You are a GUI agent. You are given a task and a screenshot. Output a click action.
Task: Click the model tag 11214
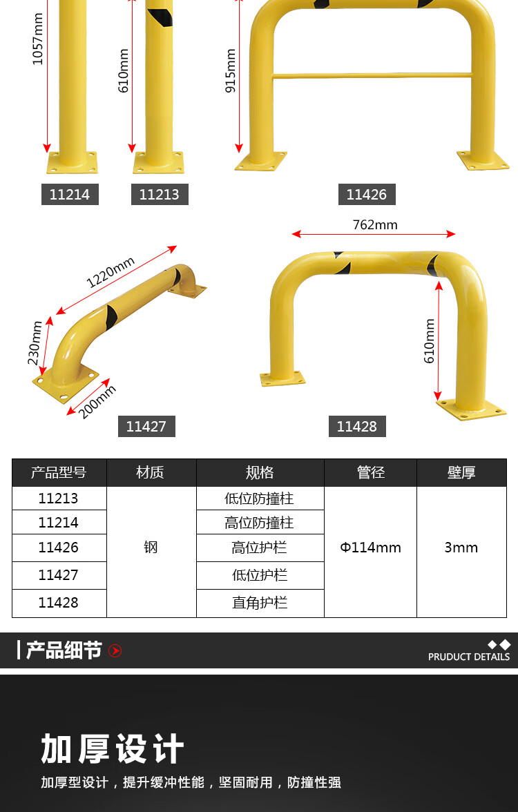pyautogui.click(x=70, y=194)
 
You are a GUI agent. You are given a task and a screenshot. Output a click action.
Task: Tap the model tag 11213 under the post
pyautogui.click(x=160, y=194)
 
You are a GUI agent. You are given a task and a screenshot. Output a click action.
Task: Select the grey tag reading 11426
pyautogui.click(x=367, y=194)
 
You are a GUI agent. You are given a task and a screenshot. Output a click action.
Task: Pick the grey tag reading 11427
pyautogui.click(x=146, y=426)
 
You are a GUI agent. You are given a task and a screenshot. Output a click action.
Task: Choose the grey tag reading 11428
pyautogui.click(x=358, y=426)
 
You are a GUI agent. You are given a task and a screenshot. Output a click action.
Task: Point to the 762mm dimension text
pyautogui.click(x=375, y=225)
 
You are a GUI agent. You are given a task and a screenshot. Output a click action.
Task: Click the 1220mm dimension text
pyautogui.click(x=111, y=272)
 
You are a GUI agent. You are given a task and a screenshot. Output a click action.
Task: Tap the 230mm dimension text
pyautogui.click(x=35, y=342)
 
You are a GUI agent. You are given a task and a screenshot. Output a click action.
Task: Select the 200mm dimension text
pyautogui.click(x=97, y=402)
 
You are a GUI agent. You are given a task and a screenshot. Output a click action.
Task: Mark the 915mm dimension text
pyautogui.click(x=231, y=71)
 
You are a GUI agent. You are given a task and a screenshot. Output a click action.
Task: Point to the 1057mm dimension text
pyautogui.click(x=38, y=39)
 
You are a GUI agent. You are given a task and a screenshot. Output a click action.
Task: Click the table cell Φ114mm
pyautogui.click(x=370, y=548)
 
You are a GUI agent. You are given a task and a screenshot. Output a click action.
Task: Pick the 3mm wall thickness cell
pyautogui.click(x=461, y=548)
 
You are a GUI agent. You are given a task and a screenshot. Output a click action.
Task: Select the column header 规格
pyautogui.click(x=260, y=472)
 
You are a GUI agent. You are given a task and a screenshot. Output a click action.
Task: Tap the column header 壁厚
pyautogui.click(x=461, y=472)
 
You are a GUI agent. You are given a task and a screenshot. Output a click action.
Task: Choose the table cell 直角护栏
pyautogui.click(x=260, y=603)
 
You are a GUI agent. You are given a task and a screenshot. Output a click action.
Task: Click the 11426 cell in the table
pyautogui.click(x=59, y=548)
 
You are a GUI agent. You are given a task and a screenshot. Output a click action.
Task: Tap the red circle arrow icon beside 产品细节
pyautogui.click(x=115, y=650)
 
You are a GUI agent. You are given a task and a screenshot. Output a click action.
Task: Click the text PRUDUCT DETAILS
pyautogui.click(x=469, y=657)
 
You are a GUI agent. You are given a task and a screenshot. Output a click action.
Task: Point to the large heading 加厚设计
pyautogui.click(x=113, y=748)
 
